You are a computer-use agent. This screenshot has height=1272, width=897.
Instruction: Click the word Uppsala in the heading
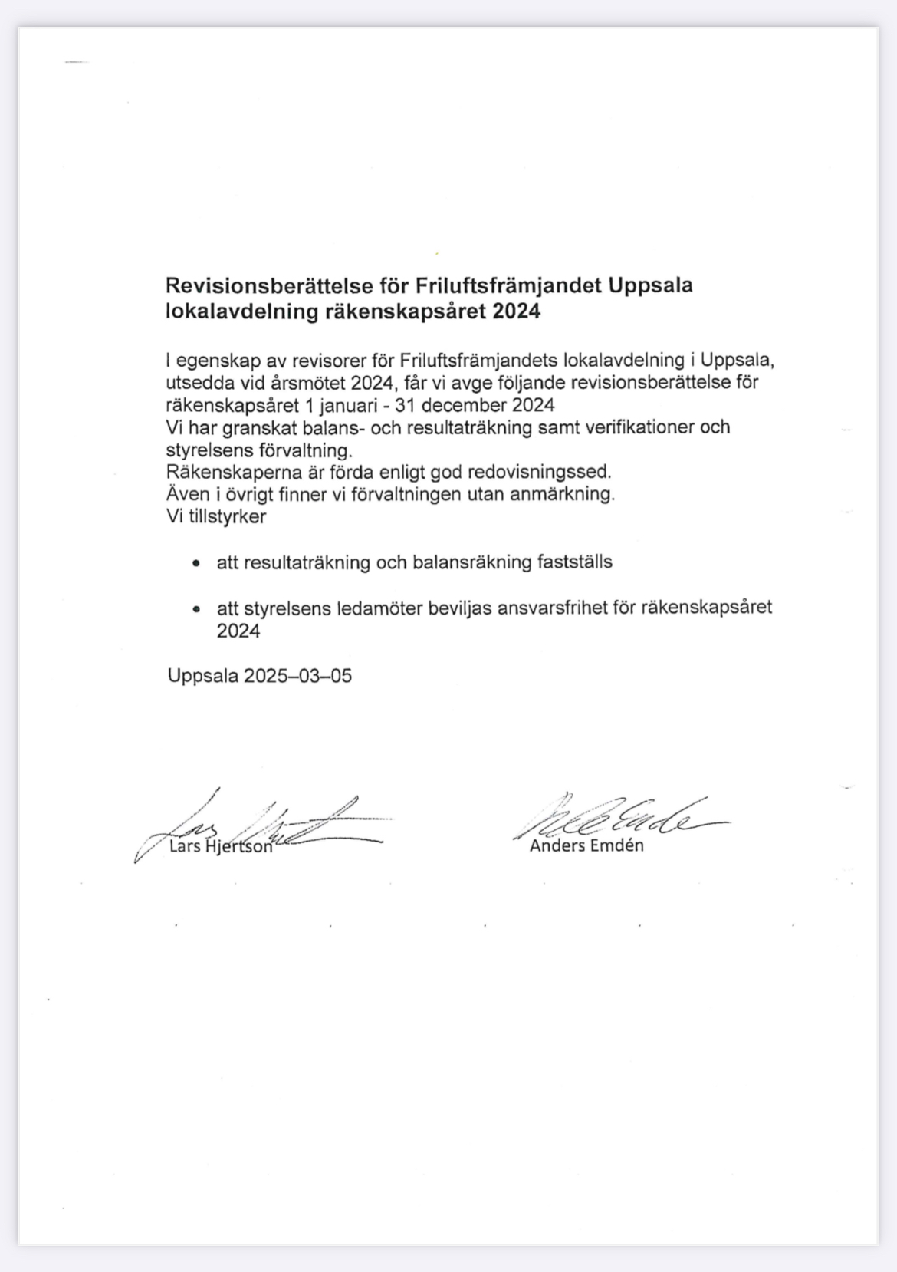point(651,286)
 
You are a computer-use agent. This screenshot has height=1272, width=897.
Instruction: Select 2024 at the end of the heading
point(517,312)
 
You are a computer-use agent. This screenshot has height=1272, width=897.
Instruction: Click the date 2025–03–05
point(297,676)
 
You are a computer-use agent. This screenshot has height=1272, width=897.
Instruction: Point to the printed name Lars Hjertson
point(220,847)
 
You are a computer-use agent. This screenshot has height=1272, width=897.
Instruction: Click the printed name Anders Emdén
point(586,846)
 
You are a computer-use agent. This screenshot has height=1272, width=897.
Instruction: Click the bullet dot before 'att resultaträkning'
point(198,564)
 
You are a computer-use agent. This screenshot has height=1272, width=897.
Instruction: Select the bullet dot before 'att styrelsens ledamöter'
point(198,610)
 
